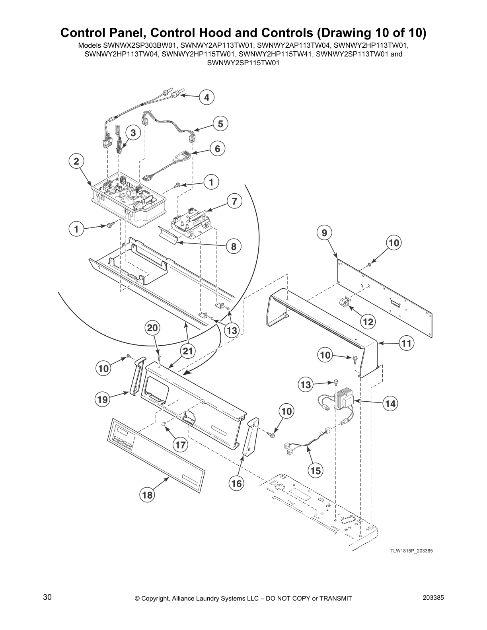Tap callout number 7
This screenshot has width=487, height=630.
(x=234, y=202)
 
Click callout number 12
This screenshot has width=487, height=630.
(x=368, y=322)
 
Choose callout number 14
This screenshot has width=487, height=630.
(x=390, y=404)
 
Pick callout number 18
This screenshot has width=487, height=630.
(x=147, y=495)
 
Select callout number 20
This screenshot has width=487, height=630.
(x=153, y=328)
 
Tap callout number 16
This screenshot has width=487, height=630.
(x=236, y=484)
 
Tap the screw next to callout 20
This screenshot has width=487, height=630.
(x=159, y=358)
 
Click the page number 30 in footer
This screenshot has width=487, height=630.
(x=47, y=598)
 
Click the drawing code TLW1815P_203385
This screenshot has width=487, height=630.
(x=411, y=551)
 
